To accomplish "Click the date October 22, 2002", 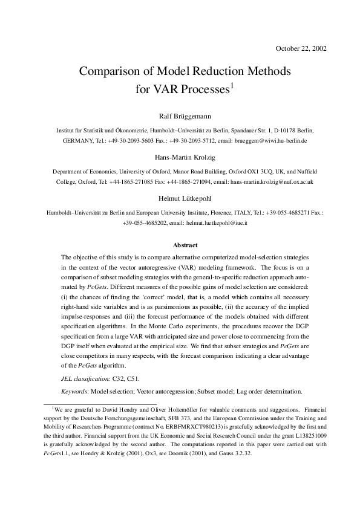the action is coord(301,48).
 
